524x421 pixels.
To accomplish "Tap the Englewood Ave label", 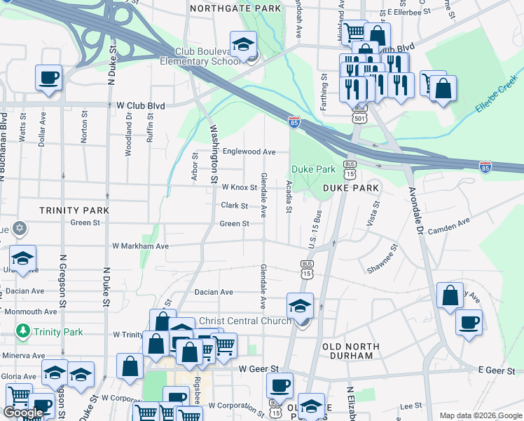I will [x=249, y=152].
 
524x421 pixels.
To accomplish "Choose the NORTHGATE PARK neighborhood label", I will [x=235, y=8].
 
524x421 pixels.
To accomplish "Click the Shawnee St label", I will [x=382, y=260].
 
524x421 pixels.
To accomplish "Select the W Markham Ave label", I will [x=141, y=246].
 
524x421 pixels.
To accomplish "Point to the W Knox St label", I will [x=240, y=187].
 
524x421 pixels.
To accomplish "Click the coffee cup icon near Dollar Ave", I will [x=48, y=79].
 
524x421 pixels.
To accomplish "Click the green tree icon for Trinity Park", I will [x=23, y=330].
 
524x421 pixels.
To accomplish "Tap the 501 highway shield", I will [x=359, y=119].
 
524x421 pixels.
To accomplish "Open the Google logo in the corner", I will [x=22, y=412].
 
